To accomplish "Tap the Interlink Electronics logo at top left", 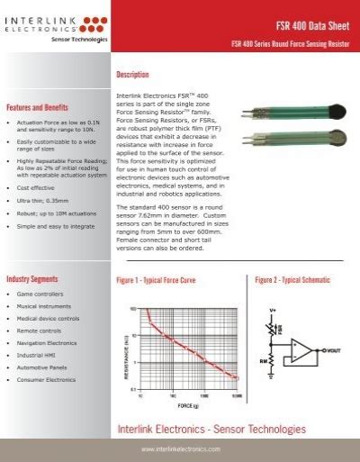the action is click(x=57, y=21).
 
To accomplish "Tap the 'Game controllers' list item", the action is click(x=40, y=294).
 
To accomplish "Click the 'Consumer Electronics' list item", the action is click(x=47, y=379).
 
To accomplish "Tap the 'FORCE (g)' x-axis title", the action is click(x=189, y=403).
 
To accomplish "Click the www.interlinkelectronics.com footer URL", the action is click(x=181, y=448).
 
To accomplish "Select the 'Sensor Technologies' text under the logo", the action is click(x=79, y=41).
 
